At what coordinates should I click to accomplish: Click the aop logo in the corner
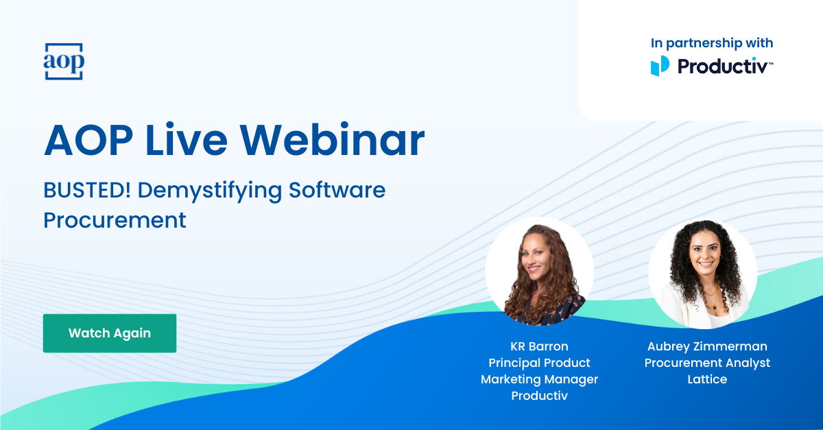click(x=64, y=61)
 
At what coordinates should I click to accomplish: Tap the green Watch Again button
click(x=110, y=333)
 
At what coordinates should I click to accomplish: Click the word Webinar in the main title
click(x=332, y=141)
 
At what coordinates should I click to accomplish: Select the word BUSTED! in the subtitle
click(x=87, y=190)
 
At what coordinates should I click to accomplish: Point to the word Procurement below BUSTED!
click(x=115, y=220)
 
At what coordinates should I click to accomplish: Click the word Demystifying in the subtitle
click(x=209, y=191)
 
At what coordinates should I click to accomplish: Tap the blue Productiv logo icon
click(x=660, y=66)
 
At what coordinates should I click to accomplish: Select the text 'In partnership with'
click(x=712, y=43)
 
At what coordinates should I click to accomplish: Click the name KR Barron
click(x=539, y=346)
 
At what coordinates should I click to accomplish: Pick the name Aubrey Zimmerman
click(x=707, y=346)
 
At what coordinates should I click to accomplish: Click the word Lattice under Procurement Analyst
click(x=707, y=379)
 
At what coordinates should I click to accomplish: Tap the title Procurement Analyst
click(x=707, y=363)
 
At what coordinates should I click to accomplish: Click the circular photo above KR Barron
click(x=539, y=271)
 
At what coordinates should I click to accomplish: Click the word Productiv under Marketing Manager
click(x=539, y=396)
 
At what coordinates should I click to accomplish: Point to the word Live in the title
click(x=187, y=141)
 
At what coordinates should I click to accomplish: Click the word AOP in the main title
click(x=88, y=141)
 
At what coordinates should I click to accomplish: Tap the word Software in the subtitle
click(x=337, y=190)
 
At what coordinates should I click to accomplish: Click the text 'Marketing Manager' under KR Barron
click(x=539, y=379)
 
